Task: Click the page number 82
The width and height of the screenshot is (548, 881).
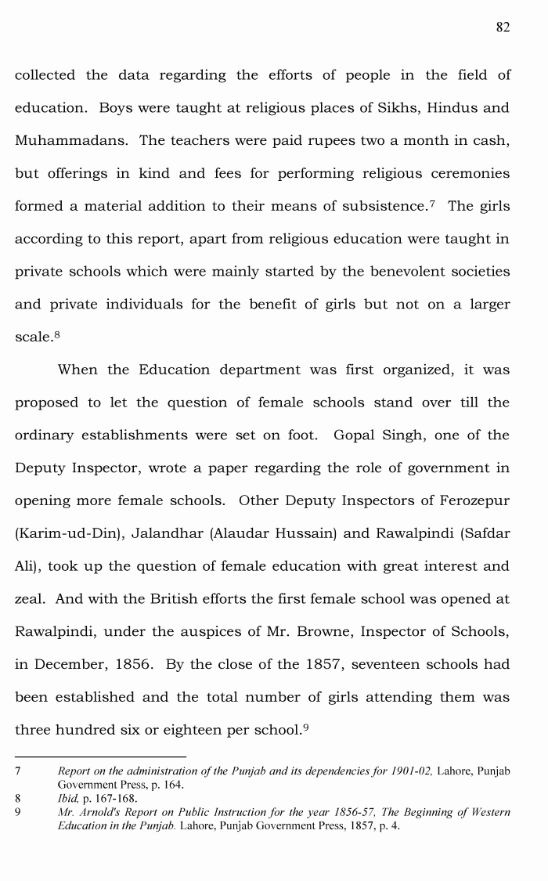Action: [x=503, y=27]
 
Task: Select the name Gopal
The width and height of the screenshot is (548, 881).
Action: [x=358, y=435]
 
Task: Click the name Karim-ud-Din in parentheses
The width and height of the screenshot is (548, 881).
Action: [x=68, y=534]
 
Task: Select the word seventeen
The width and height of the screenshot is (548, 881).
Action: [x=388, y=665]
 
